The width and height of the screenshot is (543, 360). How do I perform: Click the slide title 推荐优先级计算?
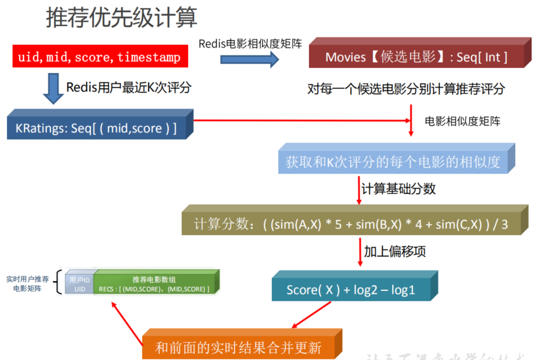[122, 18]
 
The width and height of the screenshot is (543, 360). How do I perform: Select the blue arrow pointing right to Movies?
[250, 59]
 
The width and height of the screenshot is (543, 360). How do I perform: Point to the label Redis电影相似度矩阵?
[250, 44]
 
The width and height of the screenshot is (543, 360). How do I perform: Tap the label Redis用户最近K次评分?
[128, 88]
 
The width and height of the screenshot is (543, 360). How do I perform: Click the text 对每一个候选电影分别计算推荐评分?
[406, 89]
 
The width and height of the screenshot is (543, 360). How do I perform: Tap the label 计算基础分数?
[398, 189]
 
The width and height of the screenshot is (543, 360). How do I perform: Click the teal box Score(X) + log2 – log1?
[351, 289]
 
